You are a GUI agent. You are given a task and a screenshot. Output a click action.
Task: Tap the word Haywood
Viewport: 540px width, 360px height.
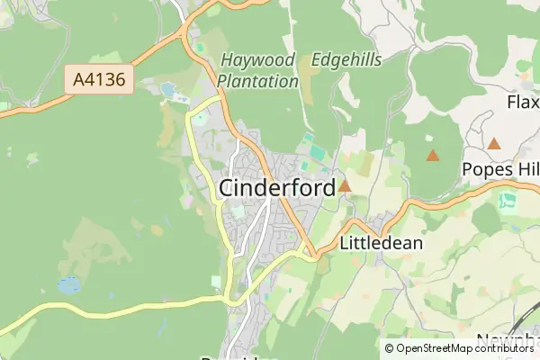(x=257, y=61)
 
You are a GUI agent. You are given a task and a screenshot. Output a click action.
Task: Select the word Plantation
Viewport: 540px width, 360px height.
(x=258, y=81)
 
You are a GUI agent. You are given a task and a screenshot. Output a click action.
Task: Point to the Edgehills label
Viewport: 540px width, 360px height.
(x=346, y=60)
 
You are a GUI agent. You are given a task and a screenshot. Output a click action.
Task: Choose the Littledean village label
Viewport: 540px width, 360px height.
(x=382, y=243)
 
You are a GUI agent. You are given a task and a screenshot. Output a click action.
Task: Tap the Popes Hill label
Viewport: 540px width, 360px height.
(x=499, y=169)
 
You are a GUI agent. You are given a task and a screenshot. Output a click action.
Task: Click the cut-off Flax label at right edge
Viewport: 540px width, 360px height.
(x=523, y=103)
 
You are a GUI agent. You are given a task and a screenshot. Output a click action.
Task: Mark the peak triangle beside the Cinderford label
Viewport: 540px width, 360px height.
(x=345, y=186)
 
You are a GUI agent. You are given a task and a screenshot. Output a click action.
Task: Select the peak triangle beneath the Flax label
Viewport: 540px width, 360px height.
(x=494, y=142)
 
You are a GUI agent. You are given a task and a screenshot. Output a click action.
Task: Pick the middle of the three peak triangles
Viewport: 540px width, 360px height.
(x=433, y=155)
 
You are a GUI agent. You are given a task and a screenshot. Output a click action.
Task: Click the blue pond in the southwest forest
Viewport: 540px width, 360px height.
(x=68, y=285)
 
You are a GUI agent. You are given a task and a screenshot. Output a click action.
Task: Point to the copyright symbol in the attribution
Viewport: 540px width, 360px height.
(x=390, y=348)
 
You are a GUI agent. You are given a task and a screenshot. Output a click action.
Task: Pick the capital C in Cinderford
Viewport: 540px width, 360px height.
(x=229, y=187)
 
